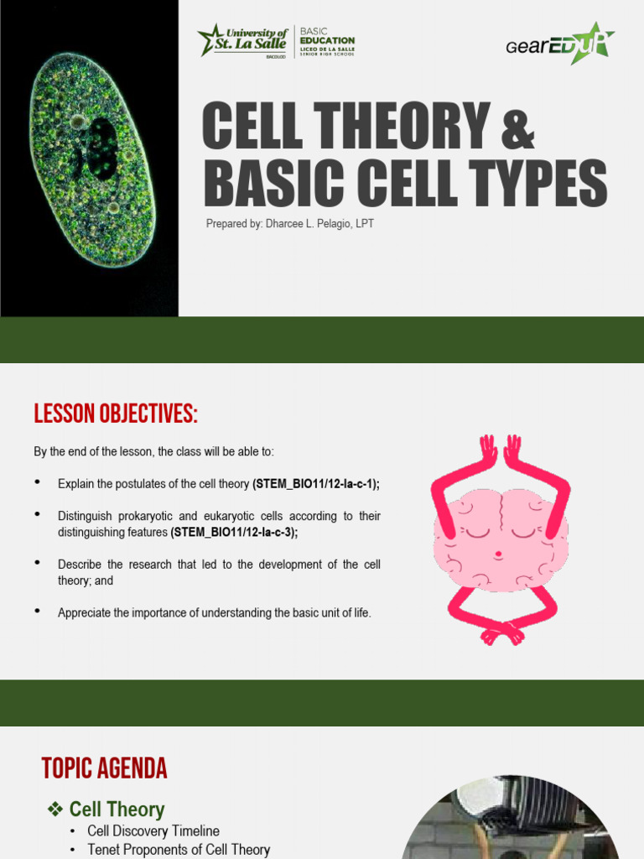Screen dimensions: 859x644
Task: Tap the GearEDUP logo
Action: click(560, 43)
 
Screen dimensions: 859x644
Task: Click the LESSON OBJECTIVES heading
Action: click(116, 414)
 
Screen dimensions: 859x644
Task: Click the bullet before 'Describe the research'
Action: click(38, 563)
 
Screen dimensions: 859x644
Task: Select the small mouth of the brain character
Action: click(498, 554)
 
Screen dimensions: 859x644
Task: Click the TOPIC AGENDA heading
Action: click(104, 768)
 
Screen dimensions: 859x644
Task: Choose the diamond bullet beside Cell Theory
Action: click(55, 809)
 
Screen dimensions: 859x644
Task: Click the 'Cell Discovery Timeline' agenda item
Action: click(153, 830)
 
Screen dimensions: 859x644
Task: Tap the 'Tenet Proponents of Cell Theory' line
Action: click(179, 850)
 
